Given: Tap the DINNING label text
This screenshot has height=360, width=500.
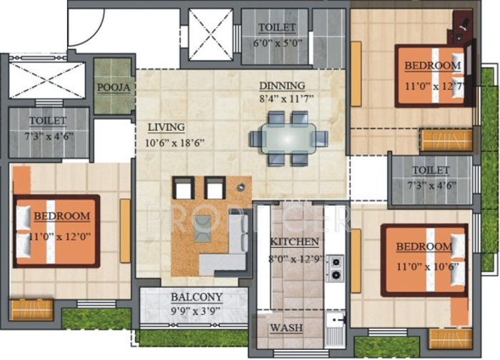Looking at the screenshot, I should point(281,86).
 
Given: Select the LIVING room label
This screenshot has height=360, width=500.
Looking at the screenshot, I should point(166,127).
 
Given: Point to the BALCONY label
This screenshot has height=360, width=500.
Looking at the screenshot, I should point(196,296).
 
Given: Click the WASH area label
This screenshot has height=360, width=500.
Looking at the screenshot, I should point(285,328).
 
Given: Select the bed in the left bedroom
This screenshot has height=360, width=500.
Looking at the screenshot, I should point(56,231).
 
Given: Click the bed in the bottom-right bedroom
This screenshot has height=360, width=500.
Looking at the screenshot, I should point(424,259).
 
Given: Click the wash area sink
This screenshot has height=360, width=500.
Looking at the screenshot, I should point(334,329).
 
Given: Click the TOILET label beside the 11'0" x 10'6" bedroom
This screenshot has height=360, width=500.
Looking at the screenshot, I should point(431,170).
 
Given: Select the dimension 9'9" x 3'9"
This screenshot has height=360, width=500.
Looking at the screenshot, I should point(196,310).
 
